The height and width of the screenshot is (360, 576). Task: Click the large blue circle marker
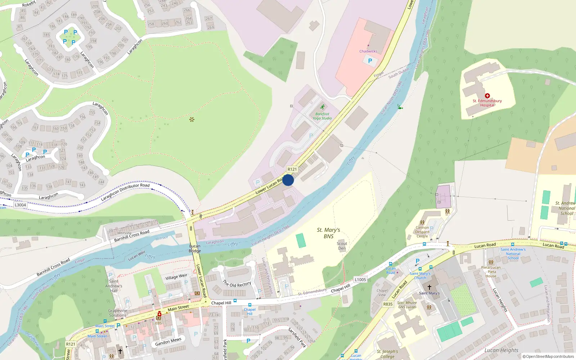288,180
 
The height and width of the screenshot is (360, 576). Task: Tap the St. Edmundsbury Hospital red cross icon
487,96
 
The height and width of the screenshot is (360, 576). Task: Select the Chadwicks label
368,51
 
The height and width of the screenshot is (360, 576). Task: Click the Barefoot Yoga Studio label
322,116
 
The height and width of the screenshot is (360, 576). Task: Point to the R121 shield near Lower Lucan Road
292,169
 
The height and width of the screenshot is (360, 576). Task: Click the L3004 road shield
20,205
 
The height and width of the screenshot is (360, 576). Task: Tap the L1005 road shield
360,279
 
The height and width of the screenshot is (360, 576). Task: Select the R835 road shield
388,304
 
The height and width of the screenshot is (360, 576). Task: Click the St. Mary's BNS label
328,233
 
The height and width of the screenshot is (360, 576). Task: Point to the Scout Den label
342,246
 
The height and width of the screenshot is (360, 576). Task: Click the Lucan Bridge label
195,248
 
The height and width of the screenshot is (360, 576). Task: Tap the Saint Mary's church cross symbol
429,287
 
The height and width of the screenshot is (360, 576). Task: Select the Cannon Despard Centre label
422,232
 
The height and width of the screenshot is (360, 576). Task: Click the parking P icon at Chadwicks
370,61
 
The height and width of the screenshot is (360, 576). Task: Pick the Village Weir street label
176,277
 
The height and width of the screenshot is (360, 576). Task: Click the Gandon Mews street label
168,342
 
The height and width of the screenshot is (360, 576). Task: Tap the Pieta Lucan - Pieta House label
491,272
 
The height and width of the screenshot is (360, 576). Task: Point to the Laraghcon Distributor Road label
125,192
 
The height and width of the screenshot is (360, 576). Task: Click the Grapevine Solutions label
118,313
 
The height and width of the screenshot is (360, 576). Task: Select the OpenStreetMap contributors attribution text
548,356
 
